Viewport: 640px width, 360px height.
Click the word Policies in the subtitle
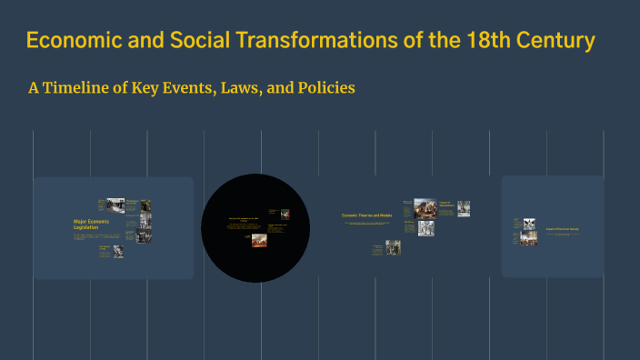[x=320, y=89]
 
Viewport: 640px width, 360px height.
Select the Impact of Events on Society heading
[x=561, y=228]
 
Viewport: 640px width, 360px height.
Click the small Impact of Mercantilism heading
[x=445, y=205]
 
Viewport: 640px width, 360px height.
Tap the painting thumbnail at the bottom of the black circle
[x=259, y=241]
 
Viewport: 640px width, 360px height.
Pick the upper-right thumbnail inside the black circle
[x=285, y=215]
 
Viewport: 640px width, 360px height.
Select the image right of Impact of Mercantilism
[x=464, y=208]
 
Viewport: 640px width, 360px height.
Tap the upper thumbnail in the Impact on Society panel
[x=528, y=222]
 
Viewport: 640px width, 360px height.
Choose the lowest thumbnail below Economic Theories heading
[x=393, y=247]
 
